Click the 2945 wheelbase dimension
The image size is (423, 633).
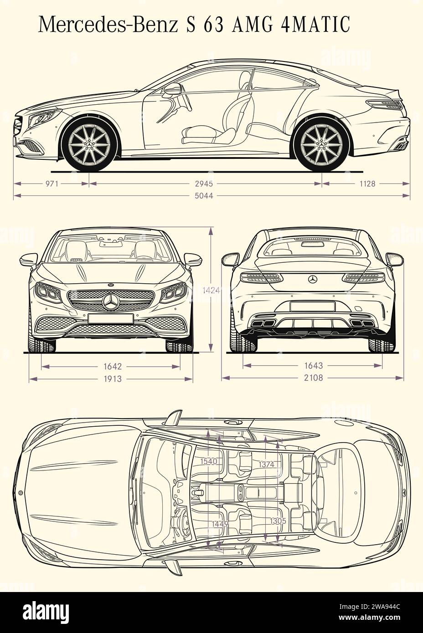[x=205, y=184]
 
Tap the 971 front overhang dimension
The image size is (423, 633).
[x=52, y=184]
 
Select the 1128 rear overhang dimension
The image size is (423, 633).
[x=367, y=184]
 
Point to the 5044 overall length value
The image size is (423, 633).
[x=205, y=196]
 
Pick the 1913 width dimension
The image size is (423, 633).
[x=112, y=378]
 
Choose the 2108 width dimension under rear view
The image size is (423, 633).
[x=313, y=378]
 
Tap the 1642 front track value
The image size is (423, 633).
[x=112, y=366]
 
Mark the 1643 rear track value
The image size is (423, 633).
[x=313, y=365]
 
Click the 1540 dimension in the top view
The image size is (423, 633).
[x=208, y=461]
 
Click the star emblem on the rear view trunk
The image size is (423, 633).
[x=313, y=279]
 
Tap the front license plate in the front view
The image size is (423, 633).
[x=111, y=319]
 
